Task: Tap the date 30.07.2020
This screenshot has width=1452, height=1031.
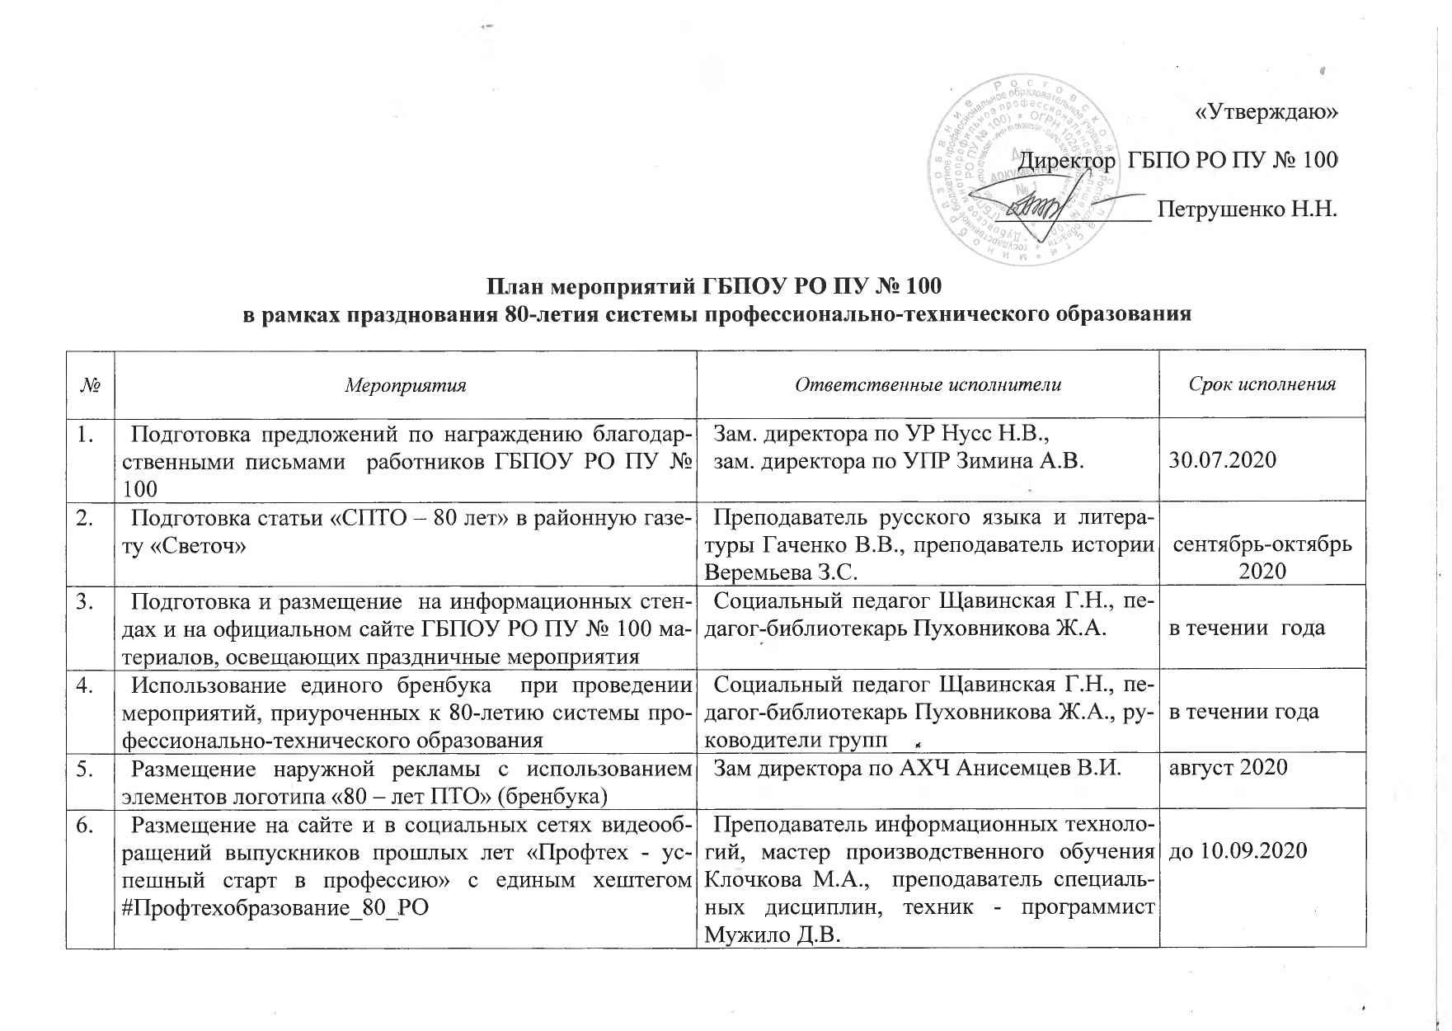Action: pos(1223,460)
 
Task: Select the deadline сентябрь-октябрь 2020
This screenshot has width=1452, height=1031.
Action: pos(1262,558)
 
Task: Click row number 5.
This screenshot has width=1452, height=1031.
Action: pos(85,768)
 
